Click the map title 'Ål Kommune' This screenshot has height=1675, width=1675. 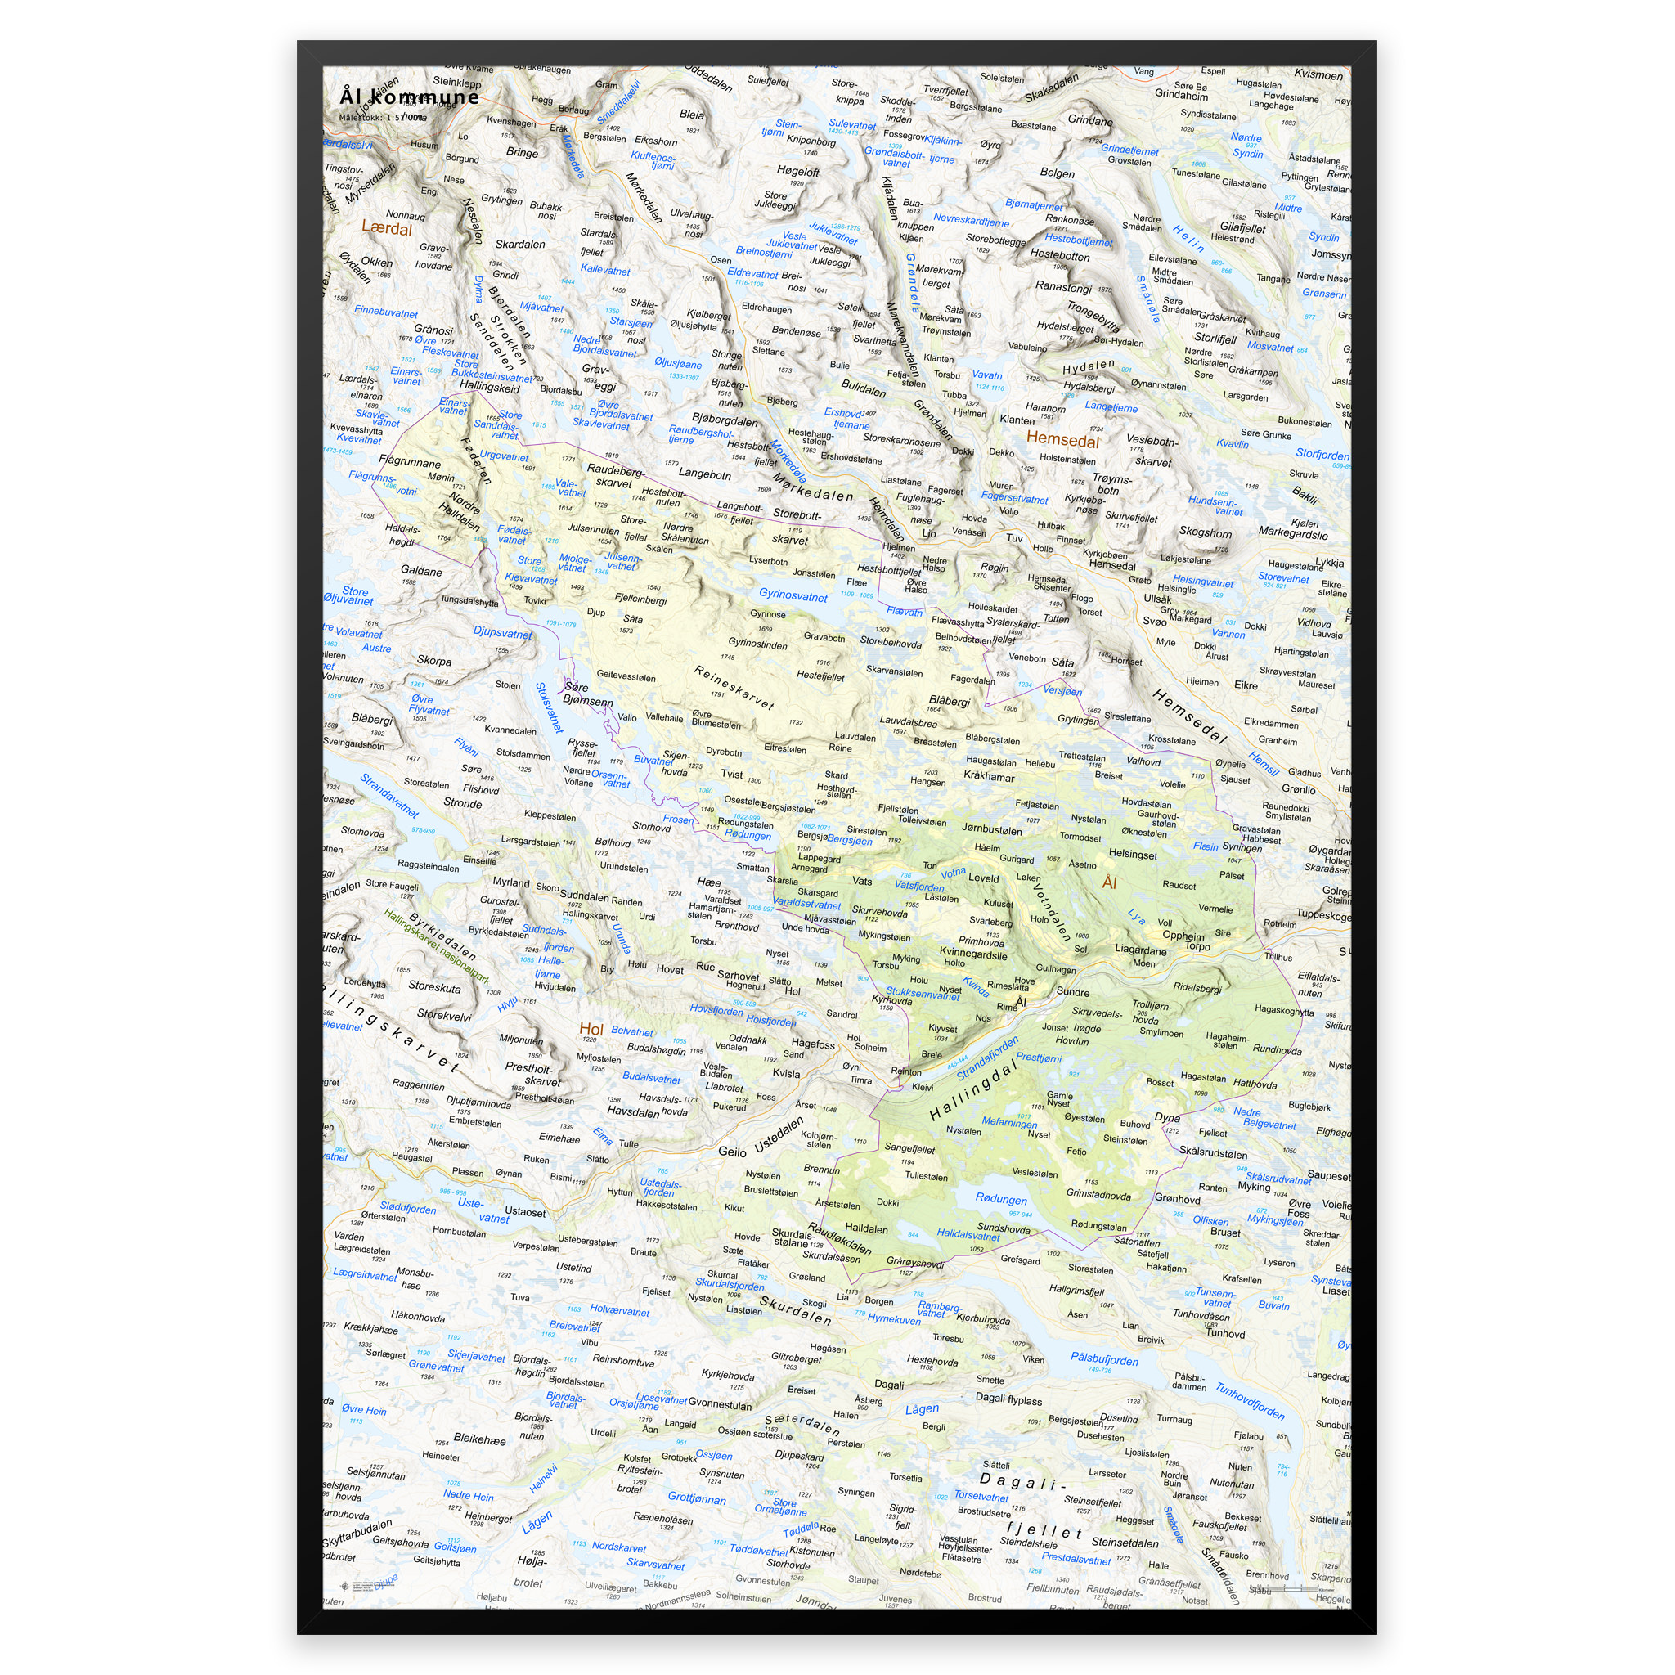coord(409,97)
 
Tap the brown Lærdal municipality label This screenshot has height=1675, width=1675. coord(387,229)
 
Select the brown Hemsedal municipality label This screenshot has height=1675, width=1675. coord(1062,439)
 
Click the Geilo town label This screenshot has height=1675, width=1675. coord(732,1152)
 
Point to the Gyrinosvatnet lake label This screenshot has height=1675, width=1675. coord(793,595)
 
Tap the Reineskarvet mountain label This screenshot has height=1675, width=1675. coord(734,688)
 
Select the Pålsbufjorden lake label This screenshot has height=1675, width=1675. coord(1103,1358)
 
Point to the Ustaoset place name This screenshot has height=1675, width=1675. coord(524,1212)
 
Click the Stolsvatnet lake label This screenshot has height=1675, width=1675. coord(549,707)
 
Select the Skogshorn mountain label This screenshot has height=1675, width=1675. coord(1205,532)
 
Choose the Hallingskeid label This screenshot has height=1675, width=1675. coord(490,388)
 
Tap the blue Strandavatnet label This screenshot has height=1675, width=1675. coord(389,795)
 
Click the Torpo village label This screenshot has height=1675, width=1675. coord(1197,946)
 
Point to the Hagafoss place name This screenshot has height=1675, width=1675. coord(812,1044)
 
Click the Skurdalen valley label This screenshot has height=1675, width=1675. coord(795,1310)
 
